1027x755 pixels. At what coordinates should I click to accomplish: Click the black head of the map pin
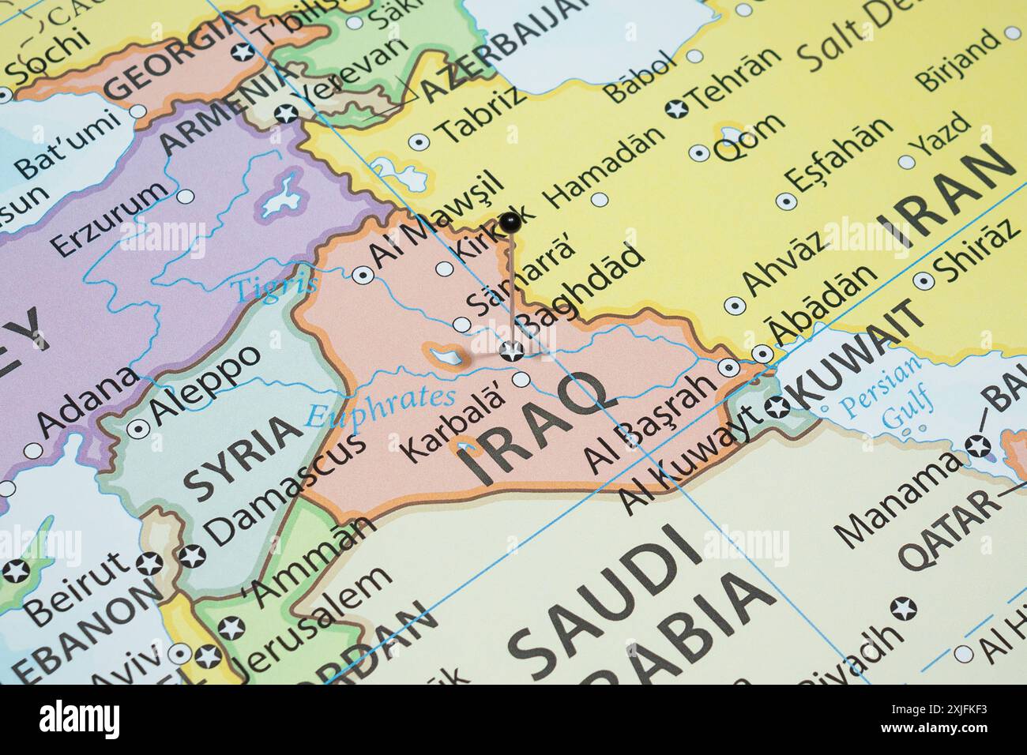(x=510, y=220)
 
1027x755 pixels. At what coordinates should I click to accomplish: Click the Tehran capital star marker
(x=675, y=109)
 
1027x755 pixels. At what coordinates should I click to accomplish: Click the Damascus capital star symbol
(x=192, y=556)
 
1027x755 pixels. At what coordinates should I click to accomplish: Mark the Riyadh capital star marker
(x=903, y=609)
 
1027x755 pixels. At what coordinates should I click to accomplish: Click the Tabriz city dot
(x=418, y=142)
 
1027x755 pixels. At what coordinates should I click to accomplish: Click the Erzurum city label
(x=111, y=219)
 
